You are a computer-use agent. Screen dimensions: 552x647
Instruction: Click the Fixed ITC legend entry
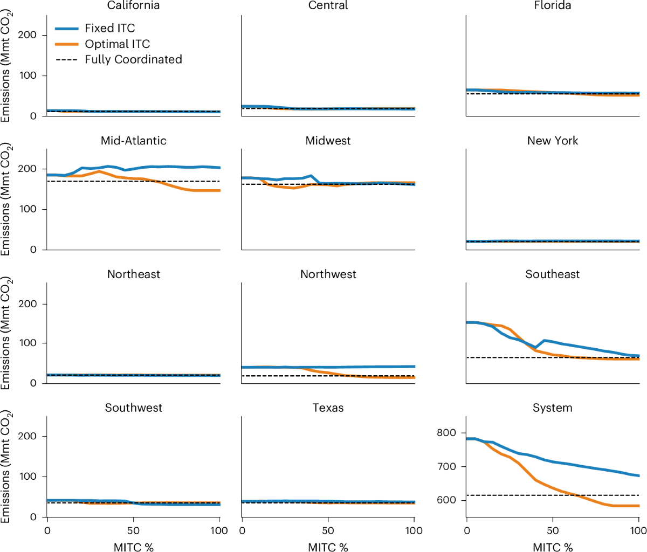tap(109, 28)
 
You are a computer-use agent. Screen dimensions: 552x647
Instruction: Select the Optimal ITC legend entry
tap(117, 44)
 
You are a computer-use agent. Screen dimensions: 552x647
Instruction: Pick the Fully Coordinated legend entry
tap(133, 59)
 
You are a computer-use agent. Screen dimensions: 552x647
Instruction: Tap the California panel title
tap(133, 6)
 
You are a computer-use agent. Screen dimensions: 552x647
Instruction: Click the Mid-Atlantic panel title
tap(133, 141)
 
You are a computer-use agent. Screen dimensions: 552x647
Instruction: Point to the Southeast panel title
tap(552, 274)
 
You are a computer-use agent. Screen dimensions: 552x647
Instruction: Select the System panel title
tap(552, 408)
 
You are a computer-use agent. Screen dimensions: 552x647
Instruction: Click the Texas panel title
tap(328, 408)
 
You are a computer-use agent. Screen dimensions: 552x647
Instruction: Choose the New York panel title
tap(552, 141)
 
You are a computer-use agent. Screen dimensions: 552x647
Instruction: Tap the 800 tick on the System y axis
tap(447, 433)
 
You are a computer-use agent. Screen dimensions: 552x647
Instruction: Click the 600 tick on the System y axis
tap(447, 500)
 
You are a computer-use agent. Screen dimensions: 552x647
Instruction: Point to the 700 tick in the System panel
tap(447, 467)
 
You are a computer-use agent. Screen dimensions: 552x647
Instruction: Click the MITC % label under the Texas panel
tap(328, 547)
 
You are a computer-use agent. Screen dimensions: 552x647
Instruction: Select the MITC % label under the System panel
tap(552, 547)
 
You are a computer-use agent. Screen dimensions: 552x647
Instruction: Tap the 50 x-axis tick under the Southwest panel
tap(133, 531)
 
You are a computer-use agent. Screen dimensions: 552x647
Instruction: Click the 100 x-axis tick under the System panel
tap(638, 531)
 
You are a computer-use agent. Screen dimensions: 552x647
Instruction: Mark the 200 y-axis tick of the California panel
tap(29, 35)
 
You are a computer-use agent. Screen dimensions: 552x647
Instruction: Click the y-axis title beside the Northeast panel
tap(6, 333)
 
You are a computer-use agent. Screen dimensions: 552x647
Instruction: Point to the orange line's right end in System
tap(638, 506)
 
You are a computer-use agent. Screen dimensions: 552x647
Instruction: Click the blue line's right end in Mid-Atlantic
tap(219, 168)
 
